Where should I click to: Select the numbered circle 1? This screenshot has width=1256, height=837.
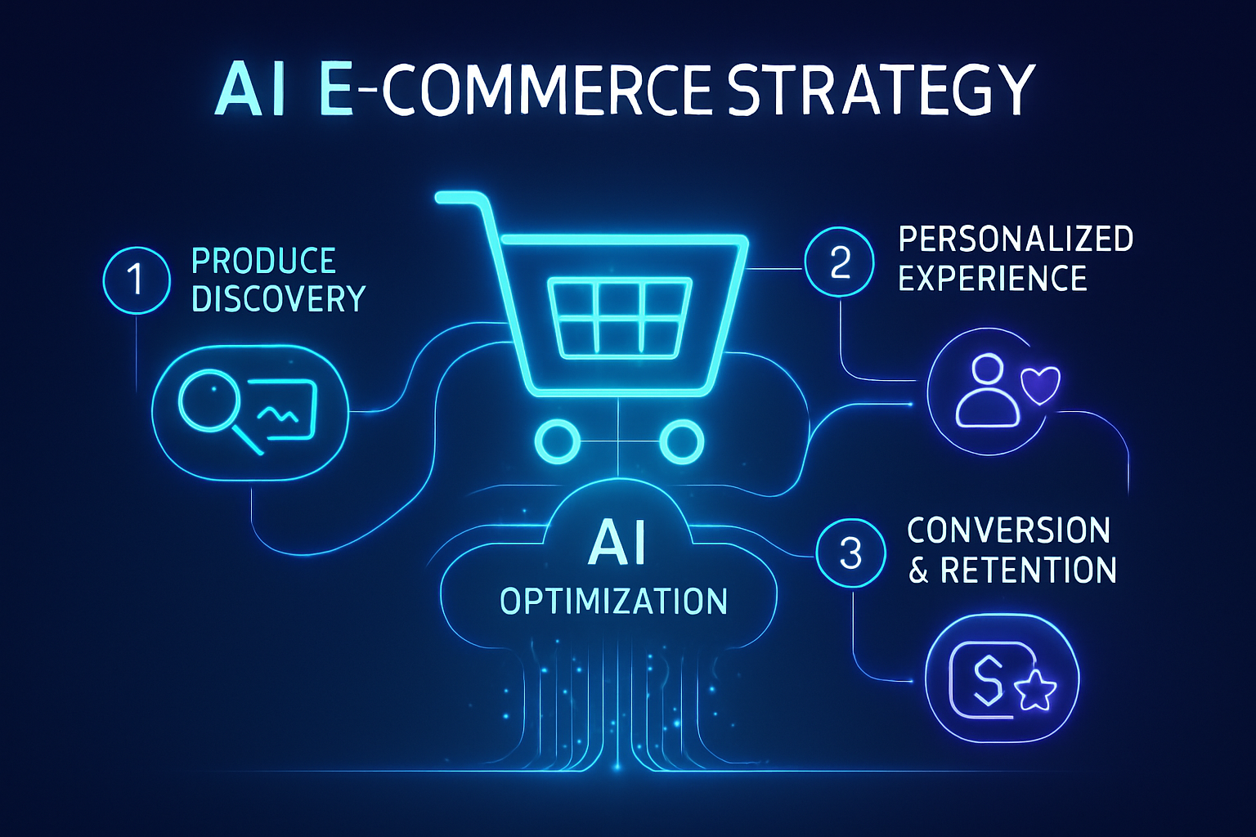click(137, 280)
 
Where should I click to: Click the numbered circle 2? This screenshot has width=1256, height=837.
click(839, 262)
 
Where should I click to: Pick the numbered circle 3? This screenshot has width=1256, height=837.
click(850, 553)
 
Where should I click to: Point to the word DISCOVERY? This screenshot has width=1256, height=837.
click(278, 300)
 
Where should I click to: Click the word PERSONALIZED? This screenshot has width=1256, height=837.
click(1016, 239)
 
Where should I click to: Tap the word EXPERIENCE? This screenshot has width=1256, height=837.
click(993, 279)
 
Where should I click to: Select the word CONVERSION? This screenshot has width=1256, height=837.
click(1008, 531)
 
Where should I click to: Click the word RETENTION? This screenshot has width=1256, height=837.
click(1028, 571)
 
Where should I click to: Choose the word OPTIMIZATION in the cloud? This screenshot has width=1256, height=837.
click(613, 602)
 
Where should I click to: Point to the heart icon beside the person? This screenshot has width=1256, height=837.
click(1041, 384)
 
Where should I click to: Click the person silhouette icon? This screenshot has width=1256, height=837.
click(988, 391)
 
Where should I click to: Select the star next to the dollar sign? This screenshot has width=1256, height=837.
click(1035, 691)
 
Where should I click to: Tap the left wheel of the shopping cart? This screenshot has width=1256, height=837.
click(558, 442)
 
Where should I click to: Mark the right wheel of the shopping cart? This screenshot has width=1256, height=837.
click(681, 442)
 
